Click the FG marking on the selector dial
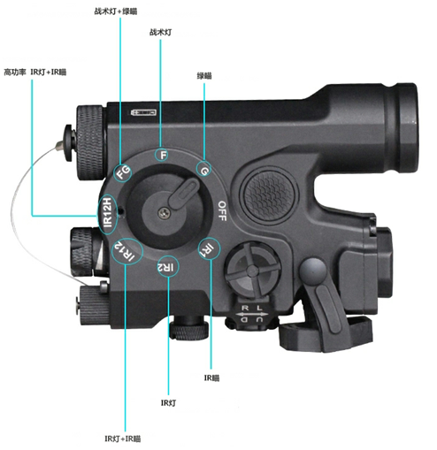pos(123,172)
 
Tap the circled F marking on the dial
pos(163,155)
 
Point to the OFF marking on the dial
pos(222,210)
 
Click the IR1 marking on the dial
pos(209,249)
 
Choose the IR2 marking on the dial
pos(165,267)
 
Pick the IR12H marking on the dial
pos(107,212)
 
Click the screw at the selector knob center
pos(164,213)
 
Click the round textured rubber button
pos(269,194)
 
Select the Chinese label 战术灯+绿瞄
pos(116,11)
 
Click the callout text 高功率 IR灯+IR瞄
pos(35,72)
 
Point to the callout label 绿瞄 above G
pos(204,76)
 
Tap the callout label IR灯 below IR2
pos(168,402)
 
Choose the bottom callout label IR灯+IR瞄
pos(123,439)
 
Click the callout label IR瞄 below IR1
pos(211,378)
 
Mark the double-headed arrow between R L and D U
pos(252,315)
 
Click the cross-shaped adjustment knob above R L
pos(252,269)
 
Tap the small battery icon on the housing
pos(143,112)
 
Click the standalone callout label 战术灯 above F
pos(161,32)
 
